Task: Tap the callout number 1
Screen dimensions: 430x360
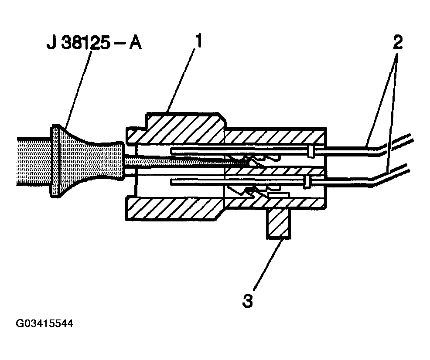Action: pyautogui.click(x=198, y=41)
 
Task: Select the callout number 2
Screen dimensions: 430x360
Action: pyautogui.click(x=398, y=42)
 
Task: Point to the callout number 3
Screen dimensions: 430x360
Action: pyautogui.click(x=248, y=300)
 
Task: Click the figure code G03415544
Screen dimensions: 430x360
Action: pyautogui.click(x=44, y=323)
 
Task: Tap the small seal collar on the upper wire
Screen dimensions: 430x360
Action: pyautogui.click(x=311, y=151)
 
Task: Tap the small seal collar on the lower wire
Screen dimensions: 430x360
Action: pyautogui.click(x=307, y=182)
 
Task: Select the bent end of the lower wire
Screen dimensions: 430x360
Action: pyautogui.click(x=391, y=175)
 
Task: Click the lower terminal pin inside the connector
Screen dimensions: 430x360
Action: pyautogui.click(x=238, y=181)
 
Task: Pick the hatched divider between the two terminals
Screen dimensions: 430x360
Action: pyautogui.click(x=274, y=172)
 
